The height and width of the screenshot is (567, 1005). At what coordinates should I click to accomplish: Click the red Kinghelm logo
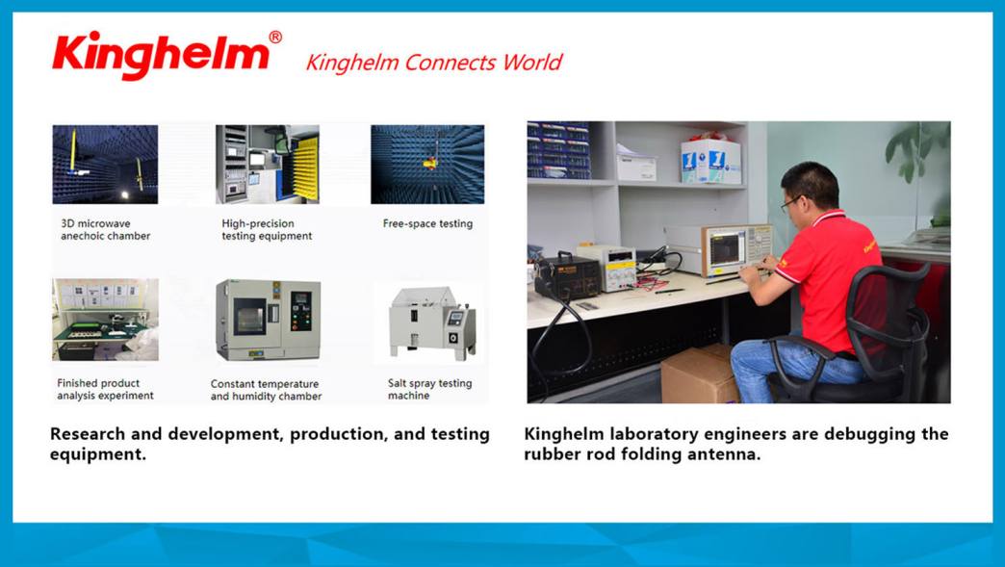click(161, 55)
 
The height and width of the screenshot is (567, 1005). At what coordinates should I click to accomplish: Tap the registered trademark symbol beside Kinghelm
click(275, 38)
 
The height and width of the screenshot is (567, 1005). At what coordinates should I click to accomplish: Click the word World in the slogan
click(532, 63)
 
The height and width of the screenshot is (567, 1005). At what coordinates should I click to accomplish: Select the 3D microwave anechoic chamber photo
click(105, 164)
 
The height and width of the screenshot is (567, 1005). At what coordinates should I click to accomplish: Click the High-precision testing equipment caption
click(267, 229)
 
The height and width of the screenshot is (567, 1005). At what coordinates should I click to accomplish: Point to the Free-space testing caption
click(427, 223)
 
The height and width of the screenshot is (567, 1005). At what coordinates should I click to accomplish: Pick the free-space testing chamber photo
click(427, 164)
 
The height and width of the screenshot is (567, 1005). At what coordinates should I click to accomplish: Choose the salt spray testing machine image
click(433, 322)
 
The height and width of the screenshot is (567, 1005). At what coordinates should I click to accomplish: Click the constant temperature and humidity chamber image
click(268, 320)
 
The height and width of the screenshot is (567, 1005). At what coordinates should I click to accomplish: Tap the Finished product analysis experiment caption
click(105, 390)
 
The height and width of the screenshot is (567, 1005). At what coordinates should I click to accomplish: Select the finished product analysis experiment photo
click(105, 320)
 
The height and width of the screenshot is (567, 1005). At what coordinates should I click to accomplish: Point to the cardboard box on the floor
click(700, 374)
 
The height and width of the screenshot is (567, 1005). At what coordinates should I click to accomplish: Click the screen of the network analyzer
click(727, 249)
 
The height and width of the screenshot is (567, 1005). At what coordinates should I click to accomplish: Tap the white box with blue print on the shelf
click(710, 161)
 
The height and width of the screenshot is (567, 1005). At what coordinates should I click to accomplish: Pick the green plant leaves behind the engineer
click(916, 151)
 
